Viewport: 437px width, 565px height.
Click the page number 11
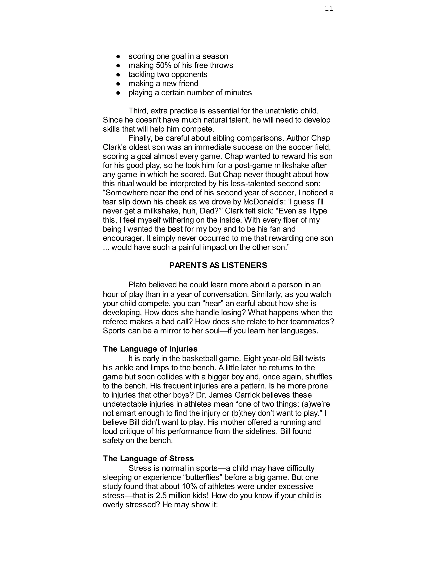click(329, 9)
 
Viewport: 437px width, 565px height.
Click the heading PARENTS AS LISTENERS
click(218, 265)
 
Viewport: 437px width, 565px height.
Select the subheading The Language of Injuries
click(150, 349)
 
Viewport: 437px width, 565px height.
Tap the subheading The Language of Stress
click(148, 459)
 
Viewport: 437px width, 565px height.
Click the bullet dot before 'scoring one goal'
click(118, 56)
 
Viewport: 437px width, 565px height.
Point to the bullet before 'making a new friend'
click(118, 84)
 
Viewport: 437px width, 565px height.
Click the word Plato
click(138, 285)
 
